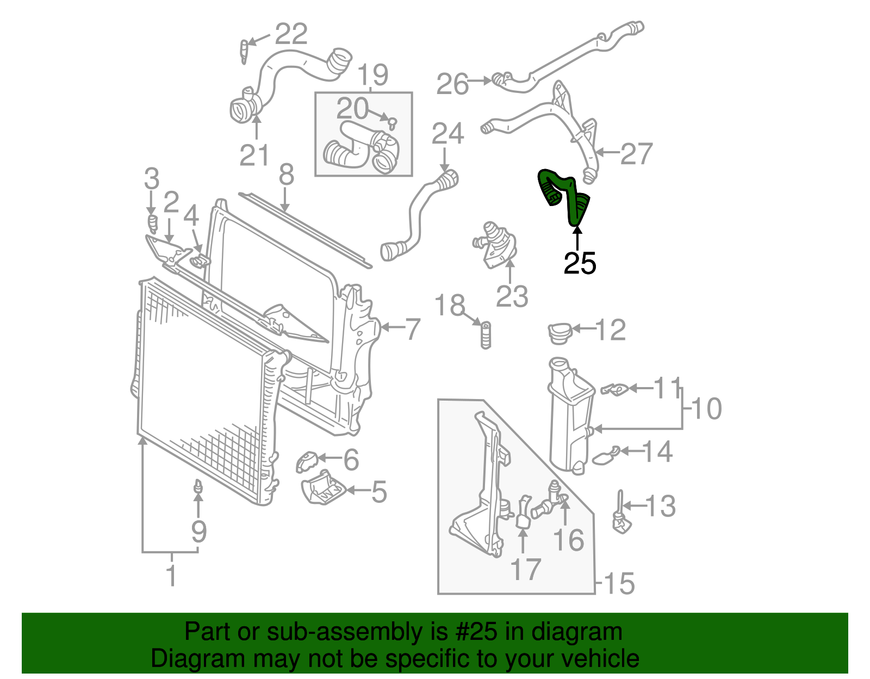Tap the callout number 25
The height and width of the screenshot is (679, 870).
580,264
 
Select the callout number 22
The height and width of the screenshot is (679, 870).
291,34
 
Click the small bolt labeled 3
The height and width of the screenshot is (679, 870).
152,222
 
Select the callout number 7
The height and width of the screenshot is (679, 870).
413,329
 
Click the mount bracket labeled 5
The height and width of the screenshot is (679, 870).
324,487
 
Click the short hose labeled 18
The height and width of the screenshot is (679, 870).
486,335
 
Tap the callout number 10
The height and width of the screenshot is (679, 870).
706,408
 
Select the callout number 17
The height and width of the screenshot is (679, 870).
525,569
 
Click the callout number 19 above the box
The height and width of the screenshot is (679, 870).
373,74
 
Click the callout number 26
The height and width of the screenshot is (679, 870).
452,84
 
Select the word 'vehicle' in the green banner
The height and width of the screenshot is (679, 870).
600,658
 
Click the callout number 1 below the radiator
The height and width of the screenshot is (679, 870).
171,576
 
